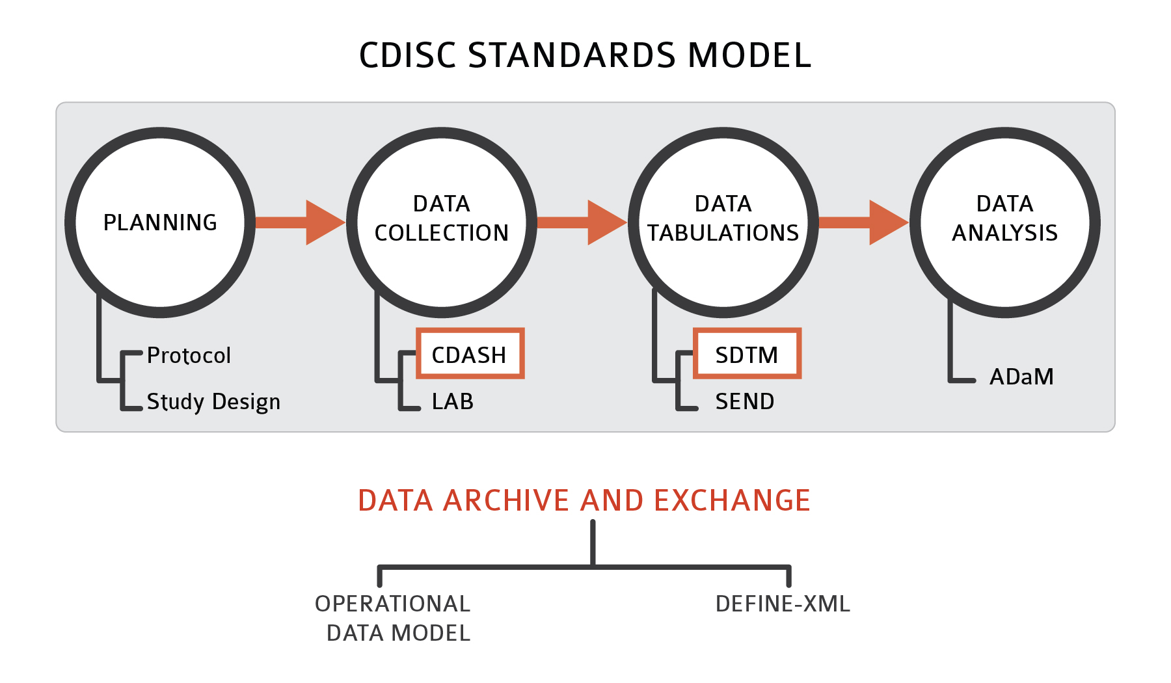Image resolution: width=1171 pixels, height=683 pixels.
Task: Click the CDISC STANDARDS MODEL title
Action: (585, 55)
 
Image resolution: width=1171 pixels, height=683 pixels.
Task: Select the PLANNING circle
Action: (160, 222)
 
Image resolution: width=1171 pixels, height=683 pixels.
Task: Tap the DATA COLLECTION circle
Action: (442, 222)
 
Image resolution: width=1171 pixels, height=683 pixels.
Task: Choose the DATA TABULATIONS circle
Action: (723, 222)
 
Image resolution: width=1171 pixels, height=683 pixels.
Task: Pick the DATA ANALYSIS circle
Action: (1004, 222)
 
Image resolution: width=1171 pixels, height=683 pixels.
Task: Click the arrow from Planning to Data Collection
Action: (299, 222)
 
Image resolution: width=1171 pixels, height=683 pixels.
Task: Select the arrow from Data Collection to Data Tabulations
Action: (581, 222)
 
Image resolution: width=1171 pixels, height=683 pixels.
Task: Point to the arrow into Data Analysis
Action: (863, 222)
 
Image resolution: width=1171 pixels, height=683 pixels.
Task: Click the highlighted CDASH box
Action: (470, 354)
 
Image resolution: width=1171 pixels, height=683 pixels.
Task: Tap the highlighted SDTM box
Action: (747, 354)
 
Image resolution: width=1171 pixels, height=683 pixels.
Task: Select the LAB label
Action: (453, 402)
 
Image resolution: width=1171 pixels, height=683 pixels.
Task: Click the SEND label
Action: (745, 402)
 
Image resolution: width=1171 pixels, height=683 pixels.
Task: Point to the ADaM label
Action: (1021, 377)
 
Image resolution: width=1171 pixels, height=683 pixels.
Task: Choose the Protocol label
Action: (189, 356)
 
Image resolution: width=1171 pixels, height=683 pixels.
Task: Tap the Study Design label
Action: (213, 402)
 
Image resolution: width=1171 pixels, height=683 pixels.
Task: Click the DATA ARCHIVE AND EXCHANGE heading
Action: (584, 501)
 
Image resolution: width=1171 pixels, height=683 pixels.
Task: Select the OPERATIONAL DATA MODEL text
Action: (393, 618)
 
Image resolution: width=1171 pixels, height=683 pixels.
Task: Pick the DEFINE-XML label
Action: (783, 604)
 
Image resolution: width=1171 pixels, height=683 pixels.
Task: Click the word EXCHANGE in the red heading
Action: (732, 501)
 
